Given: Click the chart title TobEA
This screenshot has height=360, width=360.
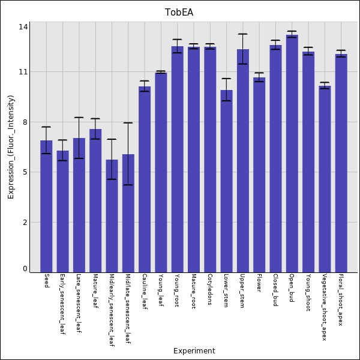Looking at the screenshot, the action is [179, 13].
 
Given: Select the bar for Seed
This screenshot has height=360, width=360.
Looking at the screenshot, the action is [46, 206].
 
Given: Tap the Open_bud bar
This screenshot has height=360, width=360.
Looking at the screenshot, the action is [292, 154].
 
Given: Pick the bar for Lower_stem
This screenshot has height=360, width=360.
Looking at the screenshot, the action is [227, 181].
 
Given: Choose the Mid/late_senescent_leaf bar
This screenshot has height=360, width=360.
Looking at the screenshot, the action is [128, 213].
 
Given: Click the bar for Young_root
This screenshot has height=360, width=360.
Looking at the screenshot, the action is [178, 160].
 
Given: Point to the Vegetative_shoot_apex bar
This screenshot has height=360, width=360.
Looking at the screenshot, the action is [325, 179].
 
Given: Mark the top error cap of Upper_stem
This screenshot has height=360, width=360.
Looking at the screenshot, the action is [243, 34].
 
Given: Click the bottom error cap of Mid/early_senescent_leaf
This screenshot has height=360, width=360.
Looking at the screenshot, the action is [112, 179].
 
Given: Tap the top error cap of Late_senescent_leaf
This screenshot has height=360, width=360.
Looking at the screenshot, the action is [79, 118].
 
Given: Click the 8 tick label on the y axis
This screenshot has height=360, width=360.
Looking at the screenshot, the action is [25, 122].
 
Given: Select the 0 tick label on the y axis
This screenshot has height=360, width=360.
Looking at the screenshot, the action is [25, 269].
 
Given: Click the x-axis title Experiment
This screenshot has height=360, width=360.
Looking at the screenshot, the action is [194, 350].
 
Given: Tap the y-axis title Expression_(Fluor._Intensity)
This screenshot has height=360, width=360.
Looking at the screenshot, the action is [11, 147].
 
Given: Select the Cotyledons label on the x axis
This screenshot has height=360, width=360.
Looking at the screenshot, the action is [210, 289].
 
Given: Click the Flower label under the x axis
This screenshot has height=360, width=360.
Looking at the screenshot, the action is [259, 283].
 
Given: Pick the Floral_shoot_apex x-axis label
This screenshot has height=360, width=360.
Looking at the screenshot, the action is [341, 300].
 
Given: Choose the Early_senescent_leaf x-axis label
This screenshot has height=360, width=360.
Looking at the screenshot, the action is [62, 304].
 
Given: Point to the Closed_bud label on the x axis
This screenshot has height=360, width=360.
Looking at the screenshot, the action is [275, 290].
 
